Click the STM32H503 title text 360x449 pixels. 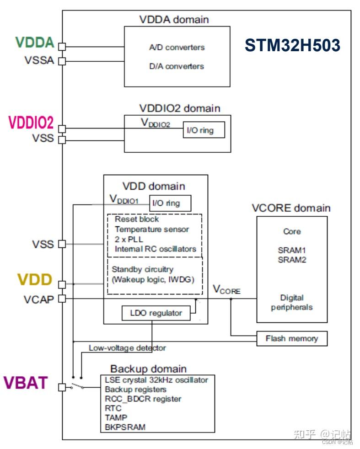click(x=292, y=46)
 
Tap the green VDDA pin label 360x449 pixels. click(x=35, y=43)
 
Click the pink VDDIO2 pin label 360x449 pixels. click(x=31, y=123)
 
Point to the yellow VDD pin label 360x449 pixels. click(x=35, y=280)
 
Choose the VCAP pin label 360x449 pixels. click(x=39, y=299)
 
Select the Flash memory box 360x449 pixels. click(x=291, y=339)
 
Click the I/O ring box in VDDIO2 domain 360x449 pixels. click(x=199, y=130)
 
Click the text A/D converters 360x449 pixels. click(x=177, y=48)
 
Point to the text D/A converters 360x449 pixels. click(x=177, y=66)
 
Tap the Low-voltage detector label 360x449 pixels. click(x=127, y=348)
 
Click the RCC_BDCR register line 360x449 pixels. click(x=143, y=399)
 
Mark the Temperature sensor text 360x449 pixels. click(x=152, y=229)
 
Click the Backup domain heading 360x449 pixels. click(x=148, y=369)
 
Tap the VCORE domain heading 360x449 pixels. click(x=291, y=208)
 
